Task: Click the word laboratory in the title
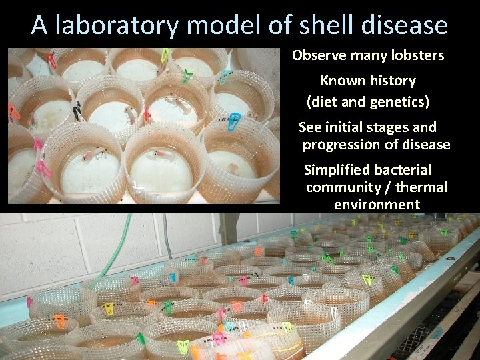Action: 117,25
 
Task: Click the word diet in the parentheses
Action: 323,103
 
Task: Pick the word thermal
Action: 420,187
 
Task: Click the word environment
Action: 377,205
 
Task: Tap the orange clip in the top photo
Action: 51,61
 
